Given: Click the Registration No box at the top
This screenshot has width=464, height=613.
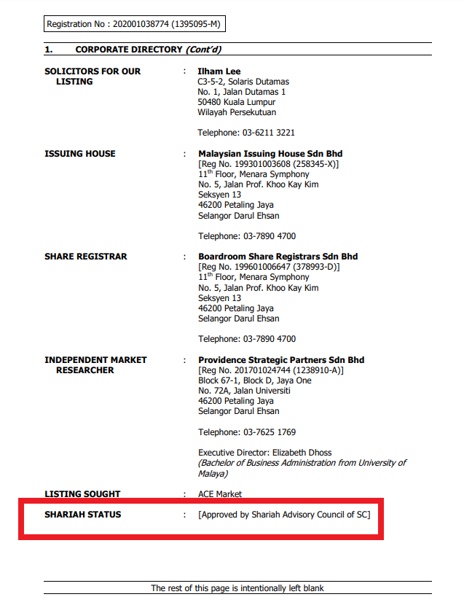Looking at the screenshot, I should coord(133,24).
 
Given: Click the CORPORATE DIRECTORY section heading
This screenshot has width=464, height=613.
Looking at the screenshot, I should coord(129,50).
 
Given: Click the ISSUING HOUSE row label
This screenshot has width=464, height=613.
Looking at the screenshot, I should coord(80,154).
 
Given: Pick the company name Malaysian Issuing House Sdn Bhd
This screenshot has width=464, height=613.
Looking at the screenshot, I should coord(270,154).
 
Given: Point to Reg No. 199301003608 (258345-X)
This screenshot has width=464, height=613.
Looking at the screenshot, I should coord(269,164).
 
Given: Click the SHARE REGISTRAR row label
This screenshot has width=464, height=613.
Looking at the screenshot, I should coord(86,257).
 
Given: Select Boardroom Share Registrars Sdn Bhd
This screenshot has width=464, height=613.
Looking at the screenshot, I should coord(278,257).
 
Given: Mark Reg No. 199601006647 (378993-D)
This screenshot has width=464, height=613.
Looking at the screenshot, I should coord(269,267).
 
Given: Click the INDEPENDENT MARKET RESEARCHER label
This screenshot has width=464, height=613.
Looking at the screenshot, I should coord(95,365).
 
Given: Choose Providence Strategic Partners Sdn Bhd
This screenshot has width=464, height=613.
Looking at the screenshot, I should coord(281,360).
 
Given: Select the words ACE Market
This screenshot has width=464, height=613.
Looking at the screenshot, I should coord(220,494).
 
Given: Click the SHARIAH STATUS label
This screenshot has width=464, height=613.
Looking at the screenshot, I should coord(83,515).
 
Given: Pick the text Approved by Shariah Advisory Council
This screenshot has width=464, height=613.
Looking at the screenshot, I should coord(284,515).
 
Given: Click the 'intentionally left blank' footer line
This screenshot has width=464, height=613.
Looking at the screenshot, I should coord(237,587).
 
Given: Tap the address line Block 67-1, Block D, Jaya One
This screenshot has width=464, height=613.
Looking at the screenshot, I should coord(254,380).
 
